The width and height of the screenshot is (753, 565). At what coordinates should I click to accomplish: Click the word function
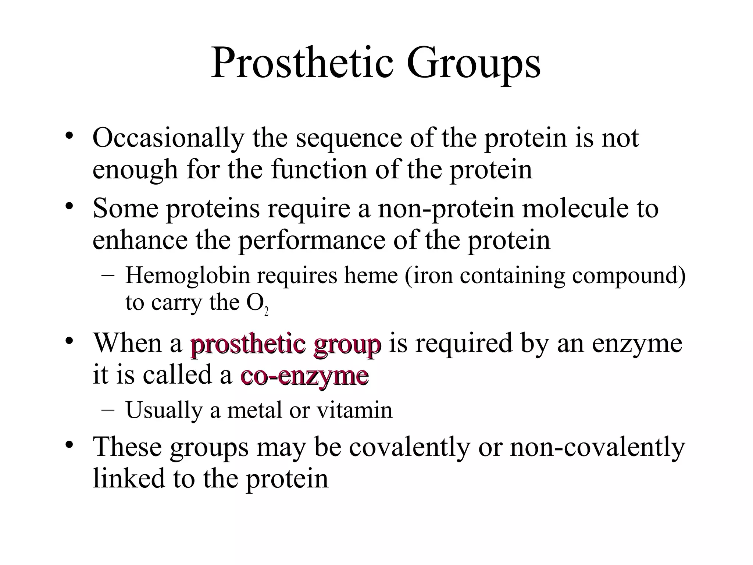click(319, 170)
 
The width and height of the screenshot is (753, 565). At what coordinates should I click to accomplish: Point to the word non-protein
click(446, 209)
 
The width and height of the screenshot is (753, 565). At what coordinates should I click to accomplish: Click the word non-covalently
click(597, 448)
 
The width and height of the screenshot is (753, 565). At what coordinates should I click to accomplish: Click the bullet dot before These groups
click(69, 445)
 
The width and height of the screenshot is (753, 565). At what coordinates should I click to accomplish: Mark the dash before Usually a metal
click(106, 411)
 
